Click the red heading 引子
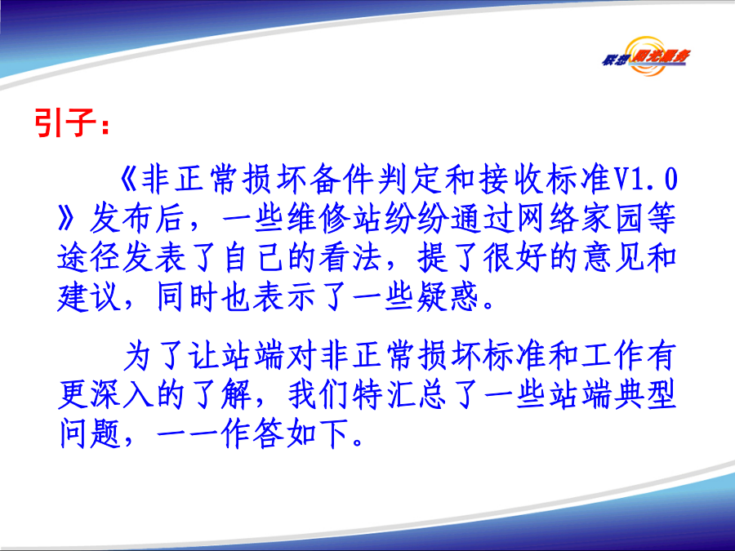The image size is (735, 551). (x=65, y=122)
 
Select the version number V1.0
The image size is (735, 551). (x=646, y=180)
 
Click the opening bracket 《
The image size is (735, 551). (x=128, y=180)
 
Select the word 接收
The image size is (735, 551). (x=511, y=180)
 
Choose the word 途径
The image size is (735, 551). (x=88, y=258)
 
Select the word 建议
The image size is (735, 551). (x=88, y=297)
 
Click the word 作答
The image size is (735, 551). (x=252, y=434)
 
